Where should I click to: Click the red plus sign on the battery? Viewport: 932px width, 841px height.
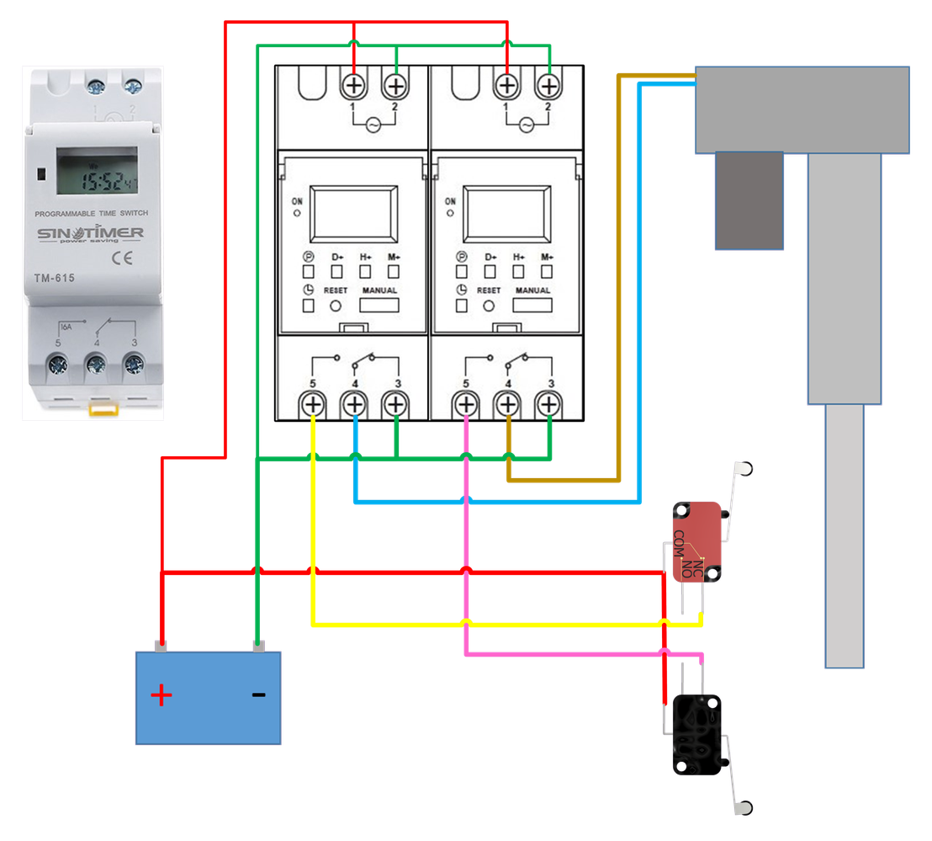[161, 695]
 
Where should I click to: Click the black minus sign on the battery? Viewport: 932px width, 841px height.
[259, 695]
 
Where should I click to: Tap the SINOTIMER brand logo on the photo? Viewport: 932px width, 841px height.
[89, 233]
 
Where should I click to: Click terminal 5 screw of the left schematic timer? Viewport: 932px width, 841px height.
[312, 405]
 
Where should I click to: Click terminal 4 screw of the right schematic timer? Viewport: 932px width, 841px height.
[508, 405]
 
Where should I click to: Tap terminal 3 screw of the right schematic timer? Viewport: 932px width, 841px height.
[549, 405]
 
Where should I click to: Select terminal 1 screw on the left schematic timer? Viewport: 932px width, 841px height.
[353, 85]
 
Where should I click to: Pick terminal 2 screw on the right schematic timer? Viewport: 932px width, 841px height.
[548, 85]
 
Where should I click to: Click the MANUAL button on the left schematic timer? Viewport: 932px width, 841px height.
[380, 305]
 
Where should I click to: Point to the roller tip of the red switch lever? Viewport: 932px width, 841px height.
[744, 467]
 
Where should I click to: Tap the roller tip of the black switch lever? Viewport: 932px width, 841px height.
[743, 809]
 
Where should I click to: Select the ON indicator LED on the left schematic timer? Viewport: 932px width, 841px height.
[297, 214]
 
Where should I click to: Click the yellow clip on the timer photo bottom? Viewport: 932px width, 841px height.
[102, 410]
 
